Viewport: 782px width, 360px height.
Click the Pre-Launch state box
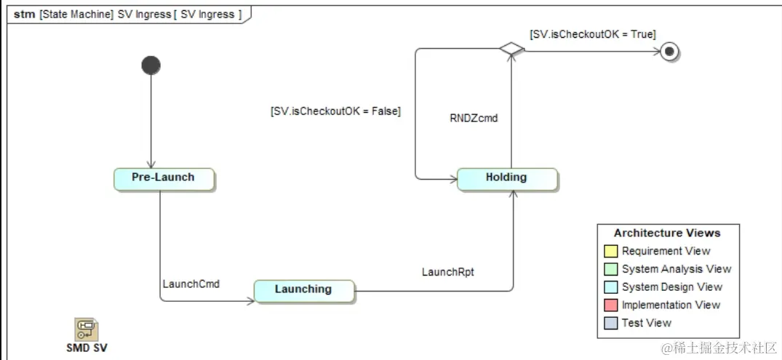164,178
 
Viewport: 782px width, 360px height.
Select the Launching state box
303,290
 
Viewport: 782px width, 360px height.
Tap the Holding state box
506,178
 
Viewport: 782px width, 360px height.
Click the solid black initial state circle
151,65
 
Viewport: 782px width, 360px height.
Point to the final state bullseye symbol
669,51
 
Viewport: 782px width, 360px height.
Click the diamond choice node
511,49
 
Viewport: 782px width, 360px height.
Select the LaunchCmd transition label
191,284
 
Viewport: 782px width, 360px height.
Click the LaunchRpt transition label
448,272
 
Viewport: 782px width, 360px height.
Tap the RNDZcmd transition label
474,118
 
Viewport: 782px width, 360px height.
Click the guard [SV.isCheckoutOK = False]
335,111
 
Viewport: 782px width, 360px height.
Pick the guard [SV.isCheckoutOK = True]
592,33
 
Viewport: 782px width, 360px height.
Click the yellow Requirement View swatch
610,252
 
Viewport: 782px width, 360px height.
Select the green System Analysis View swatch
610,269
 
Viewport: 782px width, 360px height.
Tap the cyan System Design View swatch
610,287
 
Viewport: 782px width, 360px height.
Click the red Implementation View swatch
610,305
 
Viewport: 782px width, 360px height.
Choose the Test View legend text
646,323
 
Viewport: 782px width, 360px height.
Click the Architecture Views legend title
666,233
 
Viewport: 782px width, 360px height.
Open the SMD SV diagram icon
87,329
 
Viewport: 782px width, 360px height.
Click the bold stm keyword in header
23,14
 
